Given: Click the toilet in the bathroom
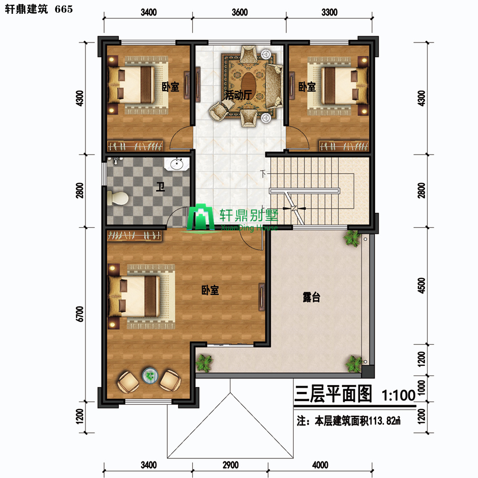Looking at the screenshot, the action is pos(118,199).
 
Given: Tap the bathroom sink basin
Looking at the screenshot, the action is pos(177,165).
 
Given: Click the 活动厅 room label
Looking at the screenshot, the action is pos(238,95).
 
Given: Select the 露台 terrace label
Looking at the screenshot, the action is pos(311,297).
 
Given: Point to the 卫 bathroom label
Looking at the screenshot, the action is pos(160,186).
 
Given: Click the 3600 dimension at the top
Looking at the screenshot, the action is pos(240,12).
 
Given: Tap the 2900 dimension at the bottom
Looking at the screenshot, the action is pos(231,465).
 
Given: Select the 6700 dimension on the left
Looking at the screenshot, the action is pos(80,314).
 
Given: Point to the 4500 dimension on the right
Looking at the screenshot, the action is pos(421,286).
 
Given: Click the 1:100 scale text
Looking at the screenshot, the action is pos(398,395).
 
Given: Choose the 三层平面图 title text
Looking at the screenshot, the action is pos(333,394).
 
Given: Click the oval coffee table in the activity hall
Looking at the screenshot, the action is pos(249,83).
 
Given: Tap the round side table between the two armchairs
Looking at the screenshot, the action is pos(150,375).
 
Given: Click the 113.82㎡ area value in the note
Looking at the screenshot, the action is pos(385,421).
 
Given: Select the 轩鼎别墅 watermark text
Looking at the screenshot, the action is pos(249,215).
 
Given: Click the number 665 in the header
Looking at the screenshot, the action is pos(64,9).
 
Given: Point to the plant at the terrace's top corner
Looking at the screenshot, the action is pos(352,238).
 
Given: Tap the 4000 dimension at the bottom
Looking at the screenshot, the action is pos(320,465).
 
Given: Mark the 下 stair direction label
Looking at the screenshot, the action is pos(263,174).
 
